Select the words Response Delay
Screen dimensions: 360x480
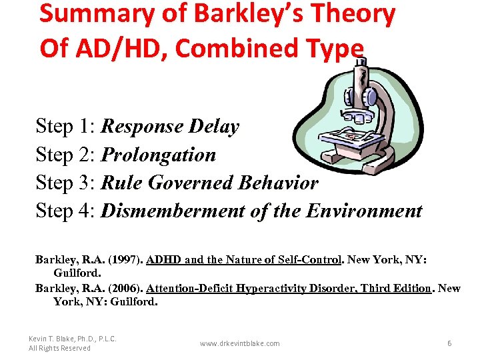[169, 127]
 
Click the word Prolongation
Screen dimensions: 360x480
[158, 155]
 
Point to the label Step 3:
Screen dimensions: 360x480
[65, 183]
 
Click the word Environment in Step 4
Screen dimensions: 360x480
[364, 211]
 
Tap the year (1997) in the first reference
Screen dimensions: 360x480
[123, 260]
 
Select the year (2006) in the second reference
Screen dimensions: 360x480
[123, 288]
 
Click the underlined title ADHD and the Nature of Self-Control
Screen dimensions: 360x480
[244, 260]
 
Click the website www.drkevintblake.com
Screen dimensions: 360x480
[240, 343]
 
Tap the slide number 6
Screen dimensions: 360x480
[449, 343]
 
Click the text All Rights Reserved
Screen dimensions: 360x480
[59, 348]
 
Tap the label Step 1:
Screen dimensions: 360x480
[65, 127]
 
